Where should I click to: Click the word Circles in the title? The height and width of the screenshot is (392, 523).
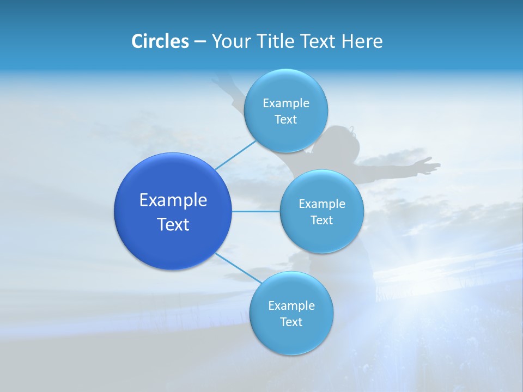160,41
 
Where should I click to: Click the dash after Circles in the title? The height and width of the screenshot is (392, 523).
200,42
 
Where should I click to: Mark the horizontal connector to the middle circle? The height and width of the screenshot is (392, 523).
256,211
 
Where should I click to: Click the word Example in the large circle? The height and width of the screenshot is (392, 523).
173,200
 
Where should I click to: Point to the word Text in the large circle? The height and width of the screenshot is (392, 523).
173,224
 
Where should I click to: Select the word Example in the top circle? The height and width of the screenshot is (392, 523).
285,103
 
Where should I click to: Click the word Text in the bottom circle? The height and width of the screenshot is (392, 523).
291,322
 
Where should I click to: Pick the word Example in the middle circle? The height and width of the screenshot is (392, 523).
321,204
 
